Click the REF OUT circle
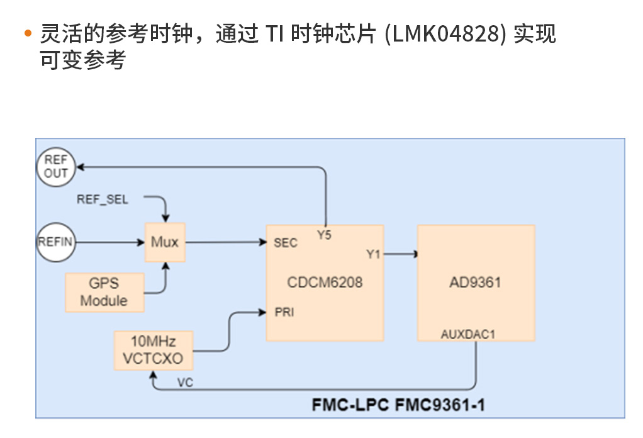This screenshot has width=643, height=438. (x=55, y=167)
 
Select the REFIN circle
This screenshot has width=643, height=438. (x=55, y=242)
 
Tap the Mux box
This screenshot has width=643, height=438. (x=165, y=242)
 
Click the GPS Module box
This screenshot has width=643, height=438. (x=104, y=292)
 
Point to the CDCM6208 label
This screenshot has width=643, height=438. (x=325, y=282)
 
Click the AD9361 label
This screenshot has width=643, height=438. (x=476, y=282)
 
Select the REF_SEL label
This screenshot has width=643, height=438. (x=103, y=199)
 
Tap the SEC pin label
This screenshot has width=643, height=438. (x=286, y=243)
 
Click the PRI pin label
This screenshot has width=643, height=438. (x=284, y=312)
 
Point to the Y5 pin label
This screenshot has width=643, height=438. (x=325, y=235)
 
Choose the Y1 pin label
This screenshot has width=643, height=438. (x=373, y=254)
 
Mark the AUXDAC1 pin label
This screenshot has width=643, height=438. (x=468, y=334)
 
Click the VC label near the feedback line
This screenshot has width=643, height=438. (x=185, y=383)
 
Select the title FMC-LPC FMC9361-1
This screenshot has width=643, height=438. (x=398, y=405)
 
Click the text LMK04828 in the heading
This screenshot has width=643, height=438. (x=446, y=35)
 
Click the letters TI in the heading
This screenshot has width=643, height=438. (x=274, y=35)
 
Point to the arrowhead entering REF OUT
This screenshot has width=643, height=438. (x=79, y=167)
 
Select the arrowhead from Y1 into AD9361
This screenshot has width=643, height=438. (x=415, y=254)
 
